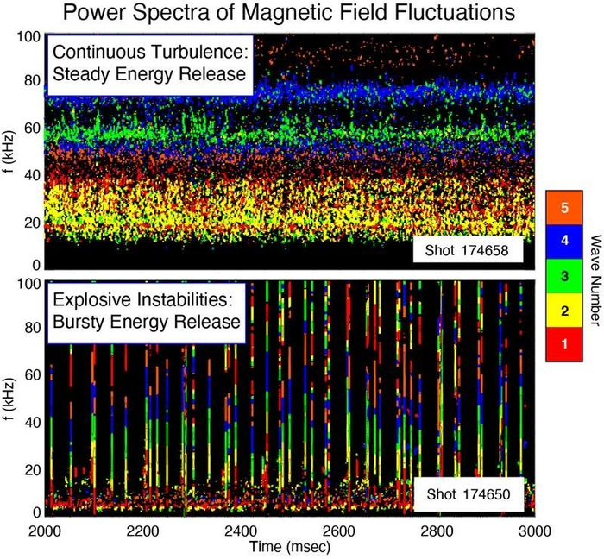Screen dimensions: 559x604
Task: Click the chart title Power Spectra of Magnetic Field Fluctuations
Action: coord(301,15)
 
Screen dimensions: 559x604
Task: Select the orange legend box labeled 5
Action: coord(565,208)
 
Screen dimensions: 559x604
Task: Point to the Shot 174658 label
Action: coord(467,251)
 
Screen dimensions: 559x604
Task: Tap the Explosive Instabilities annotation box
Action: coord(142,311)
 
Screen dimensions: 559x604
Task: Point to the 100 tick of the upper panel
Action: coord(28,37)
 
